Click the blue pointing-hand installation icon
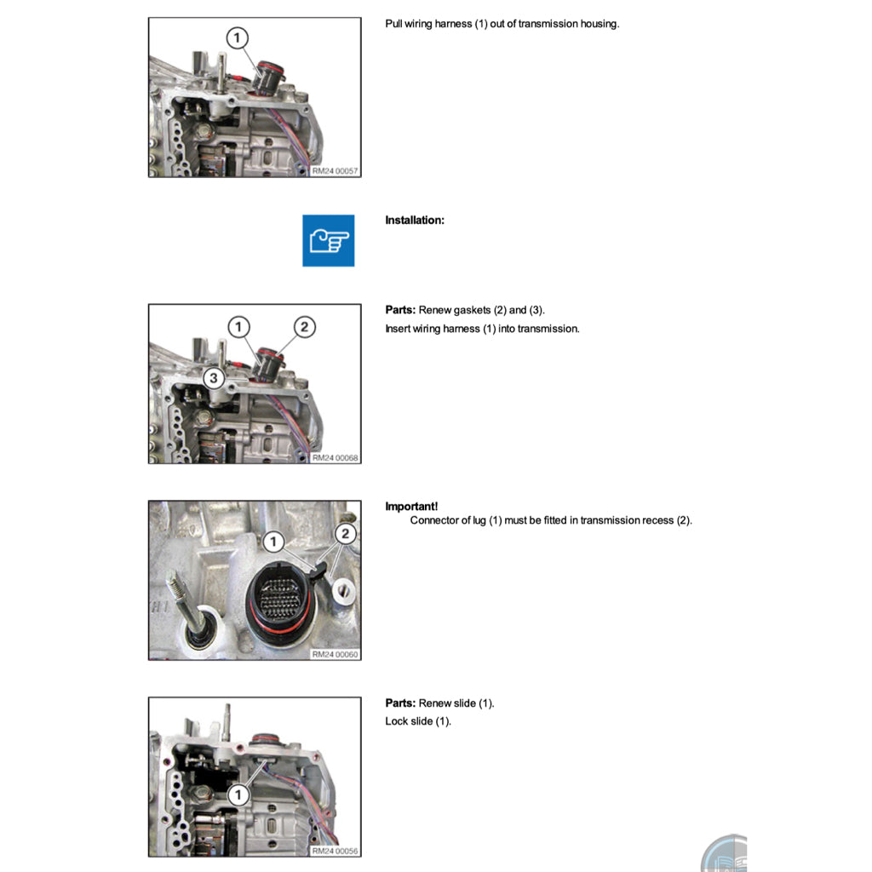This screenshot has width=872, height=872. (328, 240)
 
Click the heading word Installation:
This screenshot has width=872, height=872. (415, 221)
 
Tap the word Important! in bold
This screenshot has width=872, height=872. (411, 507)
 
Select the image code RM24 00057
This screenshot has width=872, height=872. (336, 171)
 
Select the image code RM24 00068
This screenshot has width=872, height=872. (336, 458)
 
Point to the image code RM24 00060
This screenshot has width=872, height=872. (336, 655)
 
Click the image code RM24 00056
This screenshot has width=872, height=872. (336, 851)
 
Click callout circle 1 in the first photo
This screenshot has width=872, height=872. (238, 37)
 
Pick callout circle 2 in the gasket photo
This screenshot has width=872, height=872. (305, 327)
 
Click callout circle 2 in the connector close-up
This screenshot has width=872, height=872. (345, 534)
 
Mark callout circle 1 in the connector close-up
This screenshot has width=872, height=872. (272, 541)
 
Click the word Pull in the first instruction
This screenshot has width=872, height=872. (394, 24)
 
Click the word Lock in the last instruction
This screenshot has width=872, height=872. (396, 722)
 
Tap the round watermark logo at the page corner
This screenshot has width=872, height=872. (724, 853)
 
